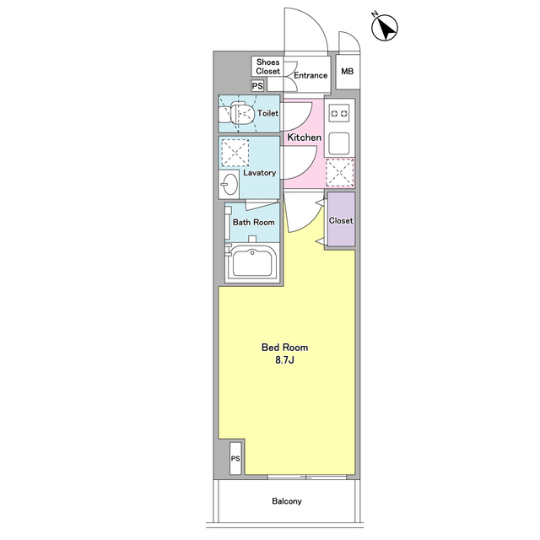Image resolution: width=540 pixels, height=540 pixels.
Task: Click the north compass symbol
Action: coord(385,28)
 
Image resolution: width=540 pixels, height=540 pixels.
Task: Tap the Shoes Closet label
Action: coord(268,67)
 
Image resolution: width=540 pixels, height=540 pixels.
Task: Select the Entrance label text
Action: coord(310,75)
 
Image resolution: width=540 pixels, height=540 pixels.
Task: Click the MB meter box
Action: coord(348,71)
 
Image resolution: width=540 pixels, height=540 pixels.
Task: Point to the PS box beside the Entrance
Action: coord(257,86)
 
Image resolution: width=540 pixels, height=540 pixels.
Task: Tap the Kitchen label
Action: coord(305,138)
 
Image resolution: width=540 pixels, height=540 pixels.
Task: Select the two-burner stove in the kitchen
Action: coord(339,113)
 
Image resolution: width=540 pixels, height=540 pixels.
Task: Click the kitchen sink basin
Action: coord(339,143)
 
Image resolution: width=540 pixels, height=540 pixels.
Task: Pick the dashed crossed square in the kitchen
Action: coord(340,172)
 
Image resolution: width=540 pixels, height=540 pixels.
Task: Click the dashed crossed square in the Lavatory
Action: coord(235,153)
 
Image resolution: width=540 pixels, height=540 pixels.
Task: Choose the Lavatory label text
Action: coord(260,172)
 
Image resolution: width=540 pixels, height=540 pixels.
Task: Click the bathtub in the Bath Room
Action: coord(252,262)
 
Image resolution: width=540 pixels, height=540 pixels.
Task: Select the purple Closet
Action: coord(341,219)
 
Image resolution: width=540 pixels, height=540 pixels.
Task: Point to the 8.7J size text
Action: coord(284,360)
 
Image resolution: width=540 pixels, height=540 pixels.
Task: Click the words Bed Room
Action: coord(285,347)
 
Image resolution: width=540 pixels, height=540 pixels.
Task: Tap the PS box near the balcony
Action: coord(235,458)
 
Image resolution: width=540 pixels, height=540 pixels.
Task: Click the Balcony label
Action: coord(287,501)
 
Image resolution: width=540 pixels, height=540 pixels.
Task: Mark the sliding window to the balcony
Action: coord(307,477)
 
